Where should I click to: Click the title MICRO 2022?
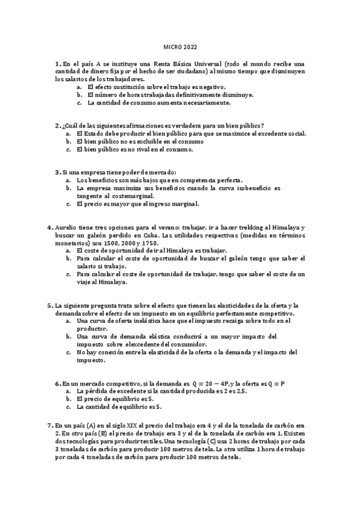click(x=180, y=46)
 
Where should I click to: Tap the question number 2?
click(x=56, y=124)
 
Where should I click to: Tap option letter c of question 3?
click(x=69, y=204)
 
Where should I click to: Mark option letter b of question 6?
click(x=69, y=399)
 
